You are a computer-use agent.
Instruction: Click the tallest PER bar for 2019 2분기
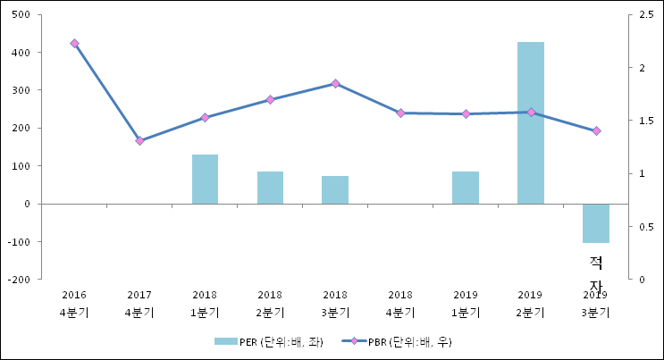[x=530, y=122]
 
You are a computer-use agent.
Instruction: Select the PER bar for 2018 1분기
[x=205, y=179]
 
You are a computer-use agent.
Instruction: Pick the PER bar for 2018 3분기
[x=335, y=189]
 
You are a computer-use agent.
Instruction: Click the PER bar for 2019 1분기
[x=466, y=188]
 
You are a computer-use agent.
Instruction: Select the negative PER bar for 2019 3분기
[x=596, y=223]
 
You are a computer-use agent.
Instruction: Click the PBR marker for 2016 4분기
[x=74, y=43]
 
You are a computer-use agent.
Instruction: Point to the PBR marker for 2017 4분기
[x=139, y=140]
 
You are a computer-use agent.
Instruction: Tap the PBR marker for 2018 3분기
[x=335, y=83]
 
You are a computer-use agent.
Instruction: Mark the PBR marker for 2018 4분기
[x=400, y=113]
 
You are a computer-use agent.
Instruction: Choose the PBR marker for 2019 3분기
[x=596, y=130]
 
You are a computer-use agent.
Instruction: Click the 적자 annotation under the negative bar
[x=596, y=272]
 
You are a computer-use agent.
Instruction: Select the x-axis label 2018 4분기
[x=400, y=303]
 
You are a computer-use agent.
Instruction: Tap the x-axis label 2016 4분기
[x=74, y=303]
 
